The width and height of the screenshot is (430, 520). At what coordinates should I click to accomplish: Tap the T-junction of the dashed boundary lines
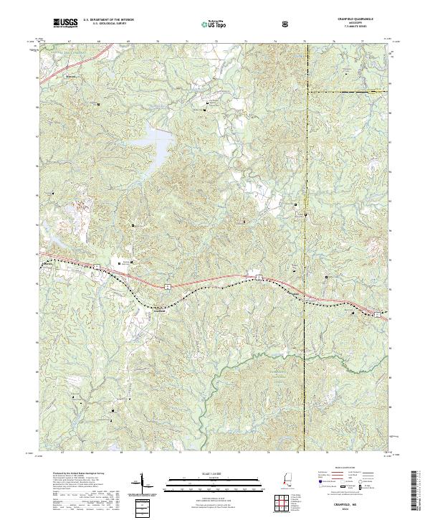click(x=305, y=91)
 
